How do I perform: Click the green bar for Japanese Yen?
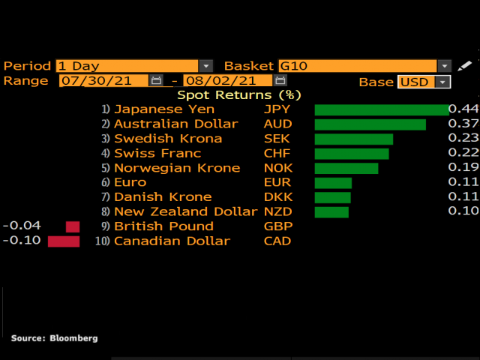(x=381, y=109)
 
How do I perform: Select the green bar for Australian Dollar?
(x=370, y=124)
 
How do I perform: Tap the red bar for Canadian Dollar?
(x=64, y=241)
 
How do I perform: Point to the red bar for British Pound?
(x=73, y=226)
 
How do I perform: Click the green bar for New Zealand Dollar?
(x=331, y=212)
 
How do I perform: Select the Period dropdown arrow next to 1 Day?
(x=206, y=66)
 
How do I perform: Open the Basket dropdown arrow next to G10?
(x=445, y=66)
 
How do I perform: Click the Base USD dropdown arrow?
(x=443, y=82)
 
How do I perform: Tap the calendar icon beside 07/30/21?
(x=157, y=81)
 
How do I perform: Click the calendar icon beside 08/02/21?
(x=281, y=81)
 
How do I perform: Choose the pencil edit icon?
(x=466, y=66)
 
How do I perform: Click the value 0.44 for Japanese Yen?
(x=463, y=109)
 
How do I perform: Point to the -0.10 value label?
(x=22, y=241)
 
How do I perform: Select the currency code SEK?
(x=277, y=139)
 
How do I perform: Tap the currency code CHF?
(x=277, y=153)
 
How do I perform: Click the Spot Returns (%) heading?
(x=238, y=95)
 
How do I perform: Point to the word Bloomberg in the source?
(x=73, y=338)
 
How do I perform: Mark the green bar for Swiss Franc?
(x=352, y=153)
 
